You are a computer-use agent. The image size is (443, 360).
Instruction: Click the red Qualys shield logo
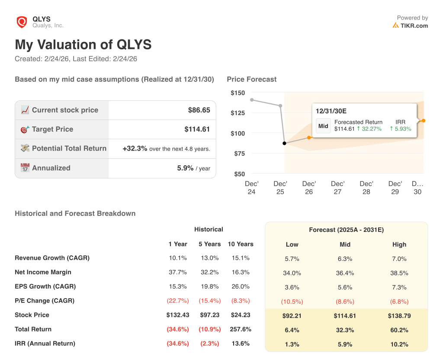click(22, 22)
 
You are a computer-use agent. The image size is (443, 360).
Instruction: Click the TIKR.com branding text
click(414, 26)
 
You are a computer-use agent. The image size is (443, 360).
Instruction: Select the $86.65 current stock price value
click(199, 110)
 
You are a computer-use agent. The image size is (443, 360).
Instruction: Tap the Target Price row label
click(52, 129)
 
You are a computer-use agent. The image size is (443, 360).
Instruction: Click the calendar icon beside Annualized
click(25, 168)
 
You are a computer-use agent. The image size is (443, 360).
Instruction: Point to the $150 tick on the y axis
click(238, 93)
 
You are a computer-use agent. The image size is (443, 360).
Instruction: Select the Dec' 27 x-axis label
click(337, 187)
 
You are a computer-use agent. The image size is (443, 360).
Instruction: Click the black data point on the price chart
click(284, 143)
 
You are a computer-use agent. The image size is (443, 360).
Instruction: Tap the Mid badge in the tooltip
click(323, 126)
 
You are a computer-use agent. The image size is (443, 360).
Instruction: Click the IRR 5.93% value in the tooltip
click(401, 129)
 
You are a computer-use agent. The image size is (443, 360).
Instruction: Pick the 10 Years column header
click(241, 244)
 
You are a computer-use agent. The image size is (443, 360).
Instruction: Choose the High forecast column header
click(399, 244)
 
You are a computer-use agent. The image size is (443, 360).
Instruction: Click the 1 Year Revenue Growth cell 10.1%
click(178, 258)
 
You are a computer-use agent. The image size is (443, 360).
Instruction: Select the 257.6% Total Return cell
click(241, 329)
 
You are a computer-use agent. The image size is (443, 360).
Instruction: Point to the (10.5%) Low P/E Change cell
click(292, 301)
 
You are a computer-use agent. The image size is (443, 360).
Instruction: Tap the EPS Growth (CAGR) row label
click(45, 286)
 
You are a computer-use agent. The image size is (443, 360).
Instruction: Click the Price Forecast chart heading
click(251, 79)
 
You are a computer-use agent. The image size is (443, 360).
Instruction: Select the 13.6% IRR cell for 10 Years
click(241, 344)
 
